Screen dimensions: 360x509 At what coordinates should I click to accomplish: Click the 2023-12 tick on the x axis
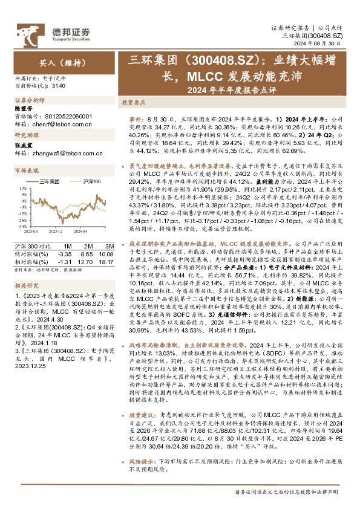pyautogui.click(x=56, y=231)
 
